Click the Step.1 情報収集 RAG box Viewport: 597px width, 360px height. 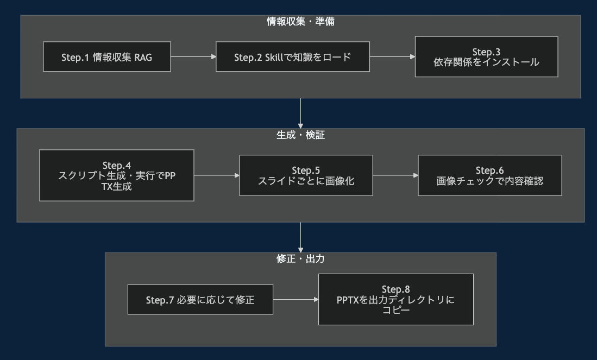point(107,56)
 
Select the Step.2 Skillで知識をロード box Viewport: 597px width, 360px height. point(293,56)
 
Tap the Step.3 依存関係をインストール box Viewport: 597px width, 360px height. point(486,56)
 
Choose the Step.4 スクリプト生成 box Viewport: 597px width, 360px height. point(117,175)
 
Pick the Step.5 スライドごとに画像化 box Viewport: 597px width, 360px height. point(306,175)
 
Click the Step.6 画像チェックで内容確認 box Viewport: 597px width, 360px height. point(489,175)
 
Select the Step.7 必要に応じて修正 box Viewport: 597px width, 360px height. point(200,299)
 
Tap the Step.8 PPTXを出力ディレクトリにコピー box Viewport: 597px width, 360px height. point(395,299)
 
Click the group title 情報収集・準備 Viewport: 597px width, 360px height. point(300,22)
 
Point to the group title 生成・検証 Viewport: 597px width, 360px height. point(300,135)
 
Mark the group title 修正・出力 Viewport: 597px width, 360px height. point(300,259)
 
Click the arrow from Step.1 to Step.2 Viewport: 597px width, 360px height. point(193,56)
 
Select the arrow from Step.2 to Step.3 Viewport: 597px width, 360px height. point(392,56)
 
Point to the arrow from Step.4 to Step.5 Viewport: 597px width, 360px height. point(217,175)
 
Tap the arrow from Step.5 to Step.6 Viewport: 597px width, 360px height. point(395,175)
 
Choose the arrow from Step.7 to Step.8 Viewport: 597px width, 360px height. point(296,299)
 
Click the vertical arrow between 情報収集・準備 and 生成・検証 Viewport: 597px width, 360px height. point(300,113)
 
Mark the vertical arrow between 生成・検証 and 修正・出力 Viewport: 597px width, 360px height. point(300,237)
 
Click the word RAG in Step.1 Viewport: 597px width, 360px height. point(143,57)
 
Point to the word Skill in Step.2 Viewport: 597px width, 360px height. point(275,57)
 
